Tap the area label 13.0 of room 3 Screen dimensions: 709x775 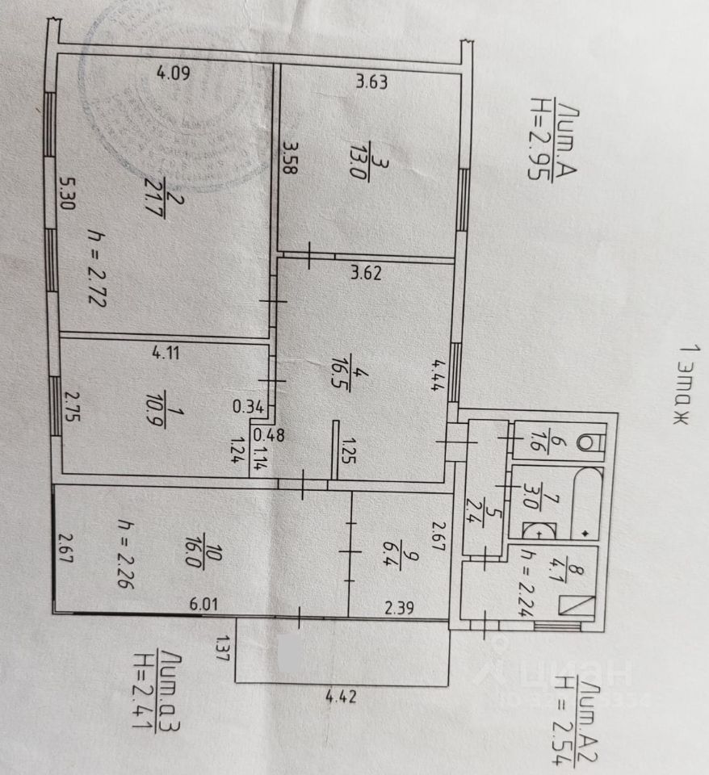(365, 170)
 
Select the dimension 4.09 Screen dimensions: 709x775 (173, 76)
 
